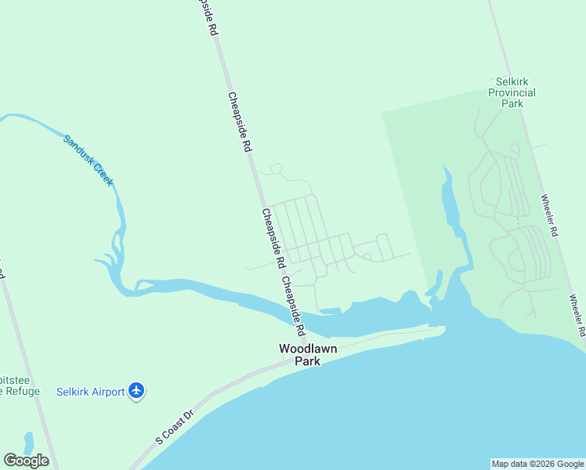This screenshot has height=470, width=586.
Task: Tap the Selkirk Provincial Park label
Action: pyautogui.click(x=512, y=92)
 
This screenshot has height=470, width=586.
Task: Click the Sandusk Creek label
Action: pyautogui.click(x=89, y=160)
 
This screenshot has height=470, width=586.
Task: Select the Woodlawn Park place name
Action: pyautogui.click(x=308, y=355)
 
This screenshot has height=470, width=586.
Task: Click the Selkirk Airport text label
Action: pyautogui.click(x=90, y=392)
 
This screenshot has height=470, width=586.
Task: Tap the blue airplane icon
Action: pyautogui.click(x=137, y=390)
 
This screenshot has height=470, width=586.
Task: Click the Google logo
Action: pyautogui.click(x=26, y=461)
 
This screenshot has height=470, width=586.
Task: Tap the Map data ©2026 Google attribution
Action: pyautogui.click(x=538, y=464)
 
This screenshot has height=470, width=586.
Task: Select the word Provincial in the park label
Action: pyautogui.click(x=512, y=92)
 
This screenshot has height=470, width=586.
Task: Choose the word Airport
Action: pyautogui.click(x=107, y=392)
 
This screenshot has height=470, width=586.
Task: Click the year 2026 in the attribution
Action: pyautogui.click(x=541, y=464)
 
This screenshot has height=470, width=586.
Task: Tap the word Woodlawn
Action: pyautogui.click(x=308, y=349)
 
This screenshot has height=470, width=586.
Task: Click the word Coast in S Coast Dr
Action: pyautogui.click(x=175, y=425)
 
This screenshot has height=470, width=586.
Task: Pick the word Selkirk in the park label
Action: pyautogui.click(x=513, y=81)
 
